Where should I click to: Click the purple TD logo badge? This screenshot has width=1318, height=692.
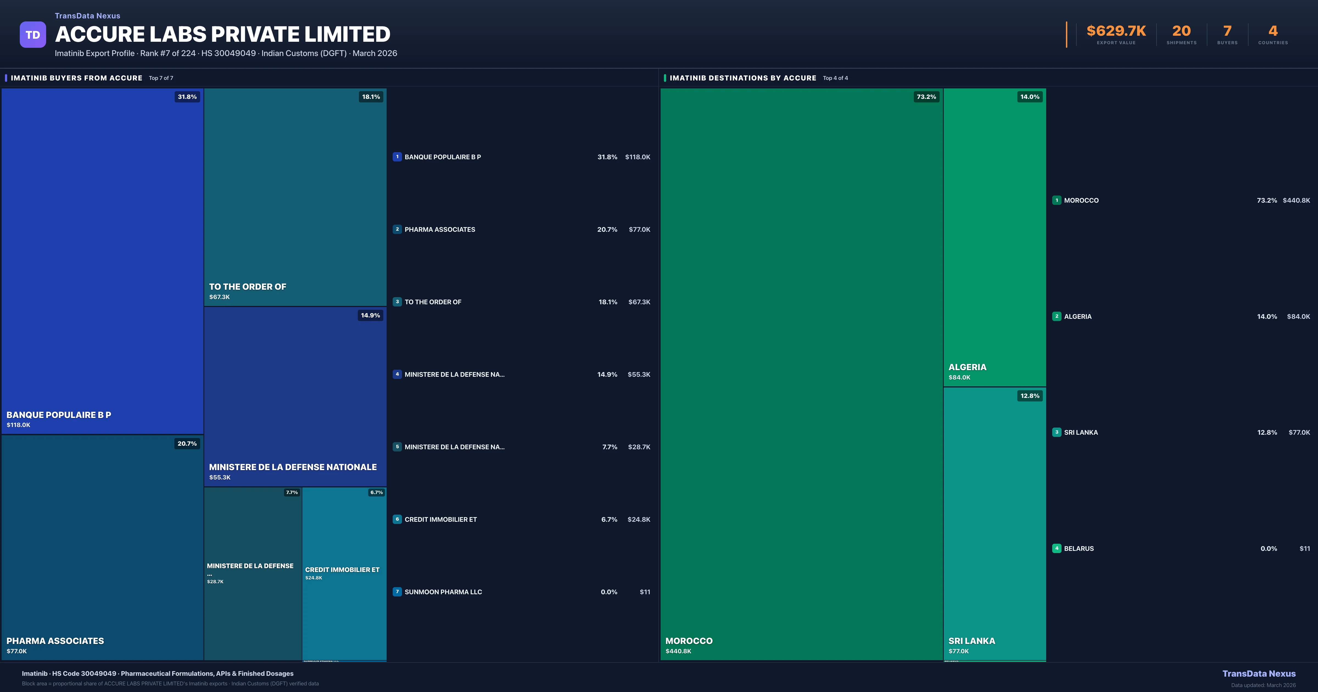33,35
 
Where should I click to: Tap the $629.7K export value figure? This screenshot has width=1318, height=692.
1116,31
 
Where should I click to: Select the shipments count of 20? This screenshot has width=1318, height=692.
1181,31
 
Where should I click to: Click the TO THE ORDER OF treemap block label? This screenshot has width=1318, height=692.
248,287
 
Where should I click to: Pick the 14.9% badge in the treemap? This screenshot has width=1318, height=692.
370,315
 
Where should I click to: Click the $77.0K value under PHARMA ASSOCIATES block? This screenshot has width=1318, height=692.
17,651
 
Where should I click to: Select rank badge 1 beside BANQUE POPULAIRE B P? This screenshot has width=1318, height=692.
397,157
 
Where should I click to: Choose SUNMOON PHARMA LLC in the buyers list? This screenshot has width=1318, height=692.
443,592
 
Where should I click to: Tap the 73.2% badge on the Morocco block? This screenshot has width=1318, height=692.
926,97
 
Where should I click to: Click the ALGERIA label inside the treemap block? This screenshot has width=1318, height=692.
967,367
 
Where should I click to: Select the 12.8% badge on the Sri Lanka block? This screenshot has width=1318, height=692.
1029,396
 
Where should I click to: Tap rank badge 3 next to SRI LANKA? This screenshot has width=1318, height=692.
1057,432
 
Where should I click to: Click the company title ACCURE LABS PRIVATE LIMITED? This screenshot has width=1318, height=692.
223,34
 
